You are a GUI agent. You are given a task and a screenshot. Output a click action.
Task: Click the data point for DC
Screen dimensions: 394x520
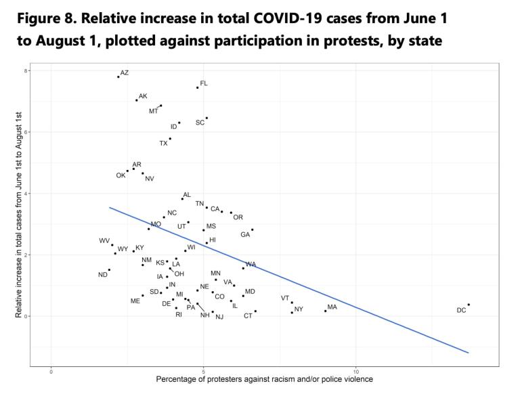469,305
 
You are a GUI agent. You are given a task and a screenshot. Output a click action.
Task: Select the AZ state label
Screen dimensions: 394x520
125,72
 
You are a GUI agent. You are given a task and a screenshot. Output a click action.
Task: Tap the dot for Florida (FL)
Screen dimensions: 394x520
198,87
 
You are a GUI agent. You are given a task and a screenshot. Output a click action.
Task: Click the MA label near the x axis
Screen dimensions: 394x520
332,307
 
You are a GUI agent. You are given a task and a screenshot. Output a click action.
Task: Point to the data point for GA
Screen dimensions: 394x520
253,229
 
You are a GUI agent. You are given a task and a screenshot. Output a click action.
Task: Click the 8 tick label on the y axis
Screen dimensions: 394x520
26,70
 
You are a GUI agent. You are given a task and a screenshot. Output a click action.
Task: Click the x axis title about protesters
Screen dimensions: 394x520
264,379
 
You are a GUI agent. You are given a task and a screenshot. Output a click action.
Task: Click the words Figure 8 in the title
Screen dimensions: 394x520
46,16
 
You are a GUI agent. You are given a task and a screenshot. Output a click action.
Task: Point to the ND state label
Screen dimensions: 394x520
103,275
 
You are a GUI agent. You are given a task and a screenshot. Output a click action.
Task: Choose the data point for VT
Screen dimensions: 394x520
292,303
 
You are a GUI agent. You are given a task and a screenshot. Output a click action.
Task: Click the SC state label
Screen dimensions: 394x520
200,123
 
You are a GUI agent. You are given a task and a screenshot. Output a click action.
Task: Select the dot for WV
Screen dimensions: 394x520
112,245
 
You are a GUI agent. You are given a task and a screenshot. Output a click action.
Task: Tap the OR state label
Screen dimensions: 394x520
238,217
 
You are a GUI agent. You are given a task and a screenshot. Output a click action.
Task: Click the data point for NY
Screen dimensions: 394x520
292,313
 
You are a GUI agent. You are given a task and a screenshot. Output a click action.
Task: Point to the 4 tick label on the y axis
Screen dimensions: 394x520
26,194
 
